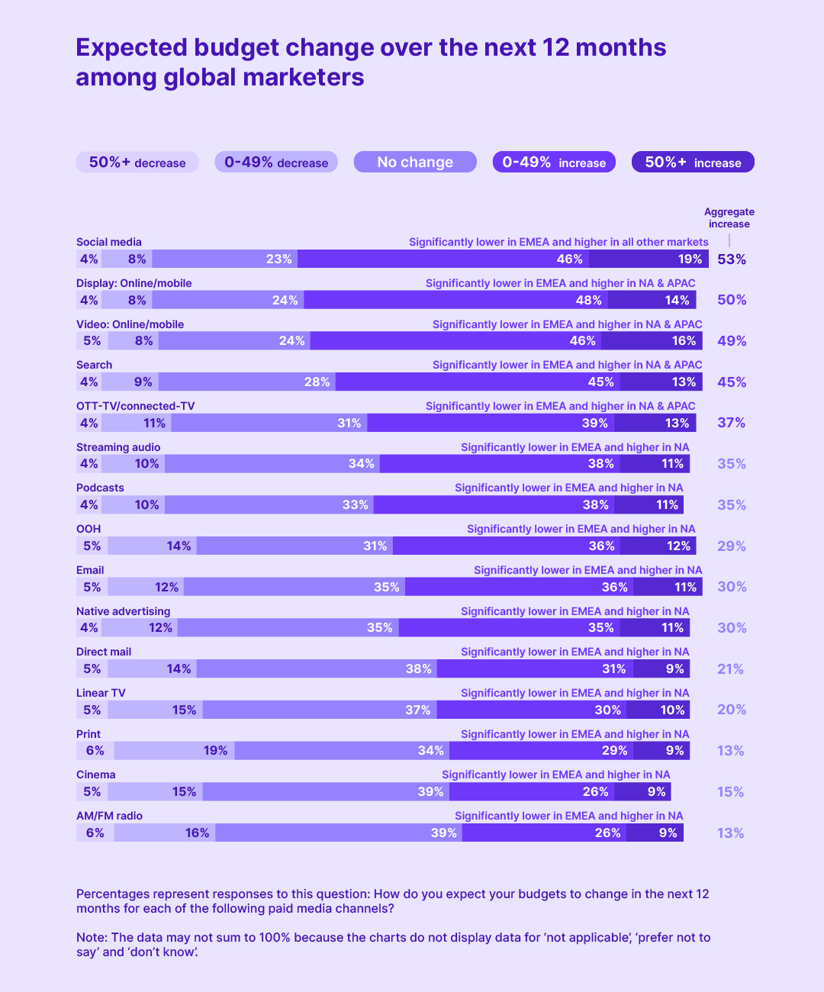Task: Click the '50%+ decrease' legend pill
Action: click(x=137, y=163)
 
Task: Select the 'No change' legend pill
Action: click(x=415, y=163)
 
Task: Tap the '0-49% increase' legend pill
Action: click(x=554, y=163)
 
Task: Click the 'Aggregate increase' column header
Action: click(x=729, y=217)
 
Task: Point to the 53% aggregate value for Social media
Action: click(x=731, y=259)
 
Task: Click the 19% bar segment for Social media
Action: click(x=649, y=259)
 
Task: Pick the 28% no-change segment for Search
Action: click(x=246, y=382)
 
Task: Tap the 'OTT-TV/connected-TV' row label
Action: click(x=135, y=406)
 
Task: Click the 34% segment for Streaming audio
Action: click(x=272, y=464)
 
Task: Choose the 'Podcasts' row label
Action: click(x=100, y=488)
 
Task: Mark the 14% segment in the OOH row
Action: click(x=152, y=546)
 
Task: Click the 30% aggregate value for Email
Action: click(x=731, y=587)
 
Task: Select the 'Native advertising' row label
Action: click(x=123, y=611)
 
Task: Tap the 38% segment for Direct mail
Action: click(x=317, y=669)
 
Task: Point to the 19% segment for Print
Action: click(x=174, y=751)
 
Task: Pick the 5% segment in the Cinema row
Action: click(x=92, y=792)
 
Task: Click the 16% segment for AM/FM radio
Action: click(x=165, y=833)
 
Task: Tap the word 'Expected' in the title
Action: click(x=131, y=47)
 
